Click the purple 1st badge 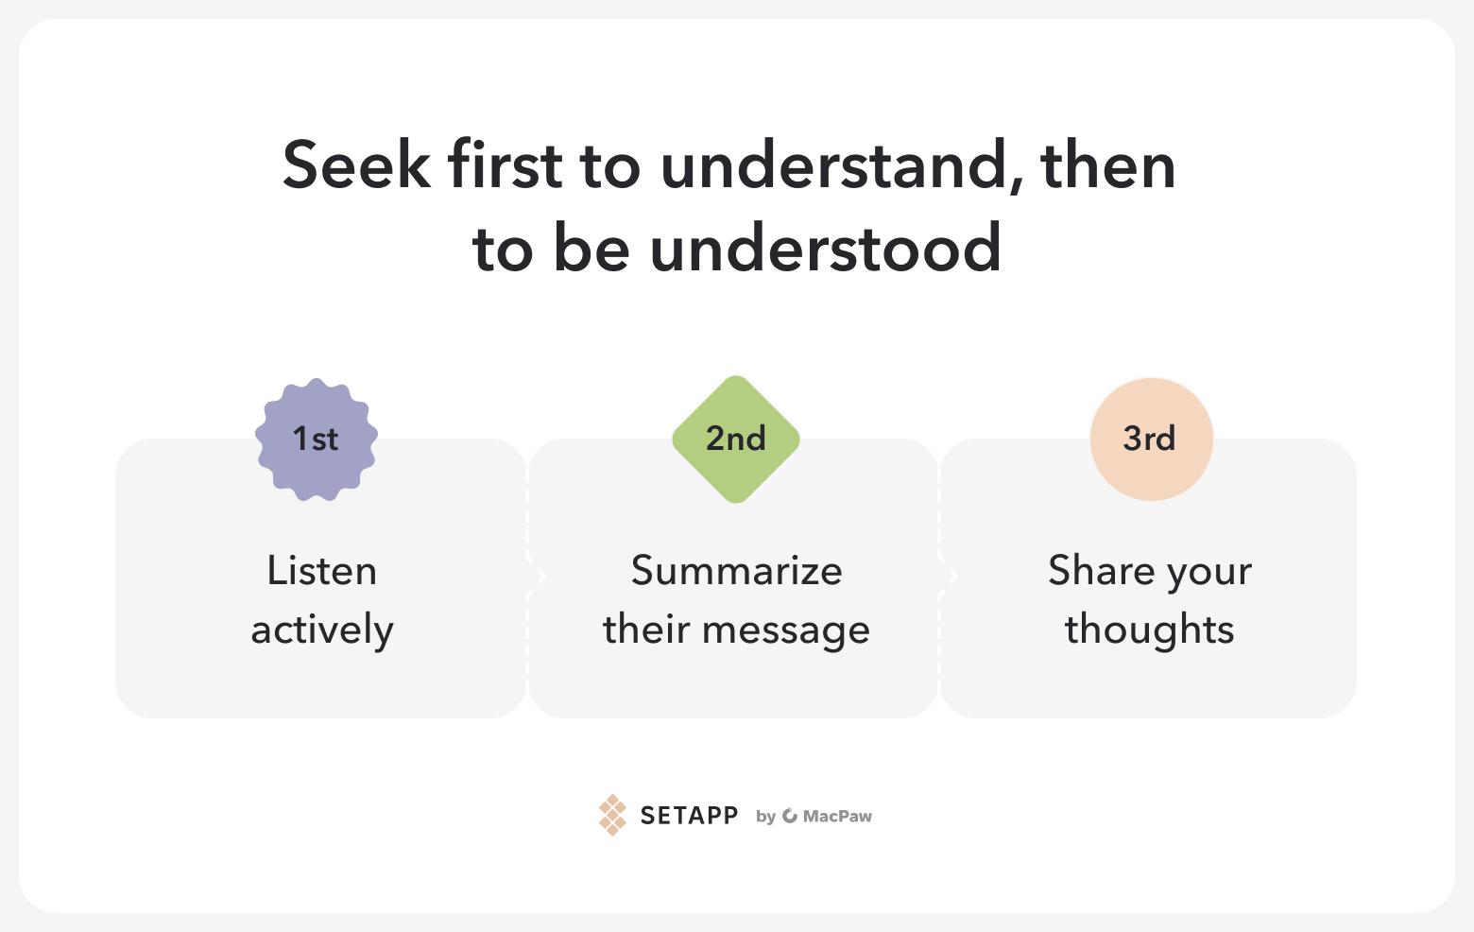[317, 439]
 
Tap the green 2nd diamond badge [736, 439]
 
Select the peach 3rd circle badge [1152, 439]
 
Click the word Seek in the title [356, 164]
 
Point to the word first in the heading [505, 164]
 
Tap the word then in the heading [1108, 164]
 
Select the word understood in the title [826, 247]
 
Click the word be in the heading [591, 247]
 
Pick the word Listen [322, 570]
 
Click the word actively [322, 630]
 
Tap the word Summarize [736, 570]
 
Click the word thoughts [1149, 630]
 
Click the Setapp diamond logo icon [612, 815]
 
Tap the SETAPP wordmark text [689, 816]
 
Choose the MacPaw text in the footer [837, 816]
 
